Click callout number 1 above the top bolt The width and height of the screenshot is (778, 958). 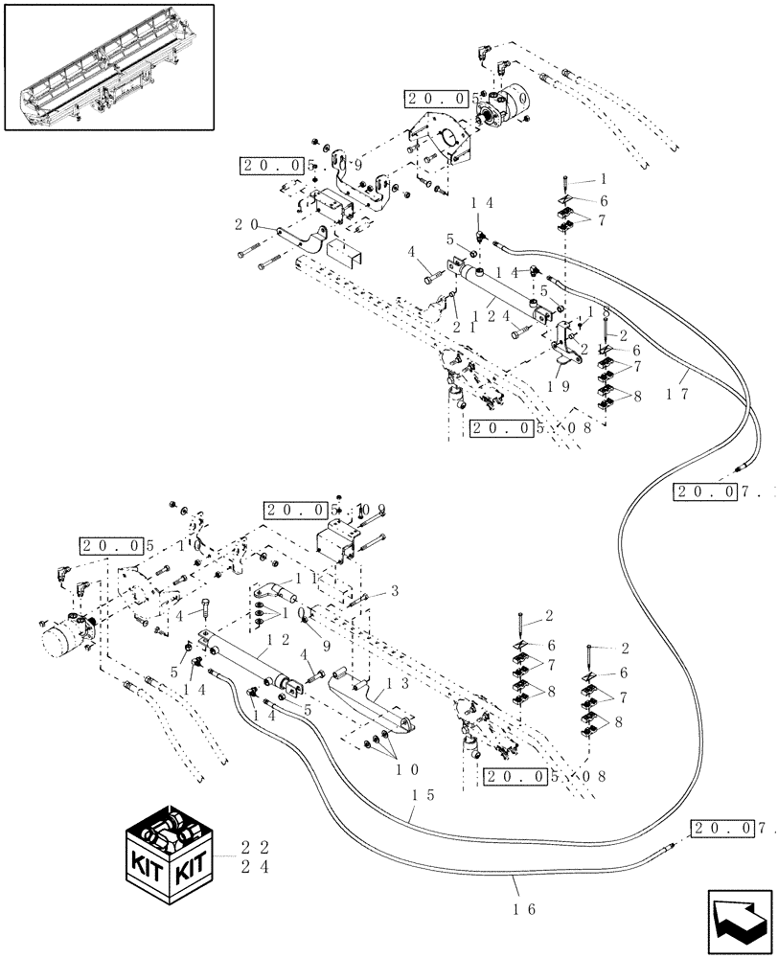[605, 179]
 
